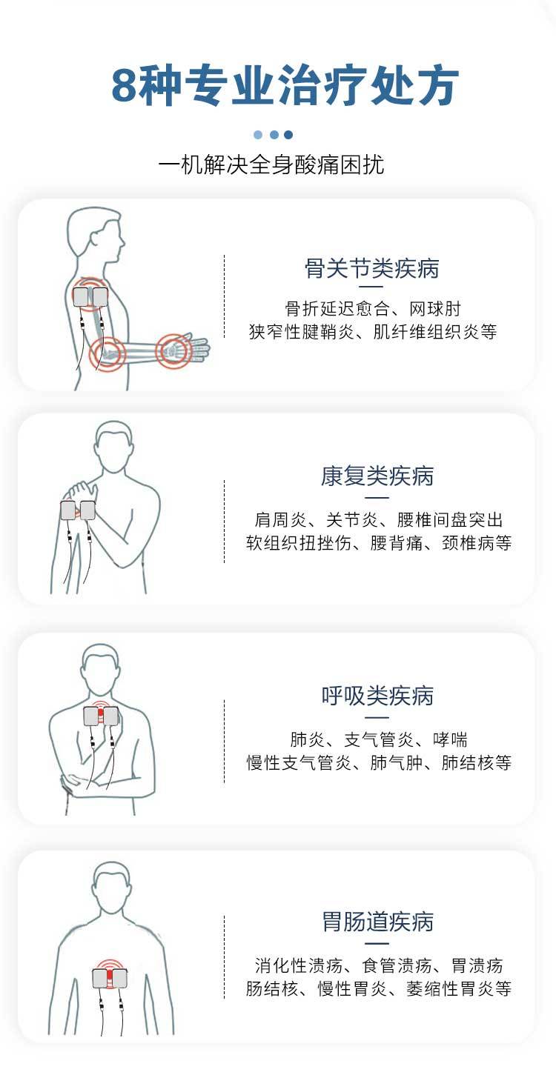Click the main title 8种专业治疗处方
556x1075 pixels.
[285, 87]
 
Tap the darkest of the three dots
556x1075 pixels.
[288, 135]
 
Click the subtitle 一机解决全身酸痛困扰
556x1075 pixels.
[271, 164]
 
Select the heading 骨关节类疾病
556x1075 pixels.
[371, 268]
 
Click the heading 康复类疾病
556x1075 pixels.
[377, 476]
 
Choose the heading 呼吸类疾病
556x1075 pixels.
[377, 696]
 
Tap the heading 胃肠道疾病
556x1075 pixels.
[377, 922]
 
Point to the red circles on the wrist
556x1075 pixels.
[174, 349]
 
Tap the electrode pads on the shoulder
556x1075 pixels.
[90, 298]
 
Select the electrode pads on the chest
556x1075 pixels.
[101, 716]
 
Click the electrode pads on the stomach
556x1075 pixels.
[110, 977]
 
